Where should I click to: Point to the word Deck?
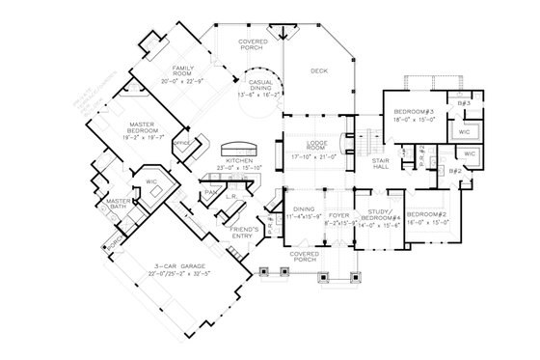[x=319, y=70]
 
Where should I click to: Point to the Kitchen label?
[x=238, y=163]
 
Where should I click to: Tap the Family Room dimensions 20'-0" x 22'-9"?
[x=184, y=79]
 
